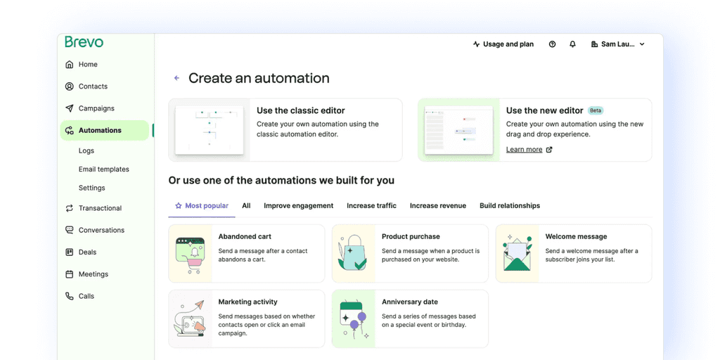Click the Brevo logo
point(84,41)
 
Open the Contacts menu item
point(93,86)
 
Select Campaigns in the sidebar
point(96,108)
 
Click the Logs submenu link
point(86,150)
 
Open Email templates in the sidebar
point(104,169)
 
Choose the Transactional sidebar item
point(100,208)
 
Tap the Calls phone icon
point(70,296)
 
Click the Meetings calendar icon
point(70,274)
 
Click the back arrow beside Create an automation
point(176,78)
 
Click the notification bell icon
point(572,44)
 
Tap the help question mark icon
point(553,44)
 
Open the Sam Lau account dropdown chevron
point(642,44)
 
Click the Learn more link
point(525,149)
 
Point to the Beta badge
point(596,110)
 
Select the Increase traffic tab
point(371,206)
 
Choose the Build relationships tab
point(510,206)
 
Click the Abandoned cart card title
point(245,236)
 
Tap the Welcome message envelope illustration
point(517,253)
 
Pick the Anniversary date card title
point(410,302)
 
